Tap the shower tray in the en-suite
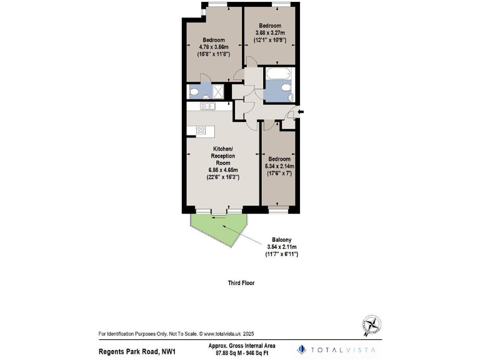218,92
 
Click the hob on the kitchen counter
201,131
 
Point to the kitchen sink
207,106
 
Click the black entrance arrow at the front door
301,112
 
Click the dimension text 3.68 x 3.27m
270,32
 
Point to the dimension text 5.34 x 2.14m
279,166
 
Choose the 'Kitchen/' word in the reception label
223,148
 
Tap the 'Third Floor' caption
241,282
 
